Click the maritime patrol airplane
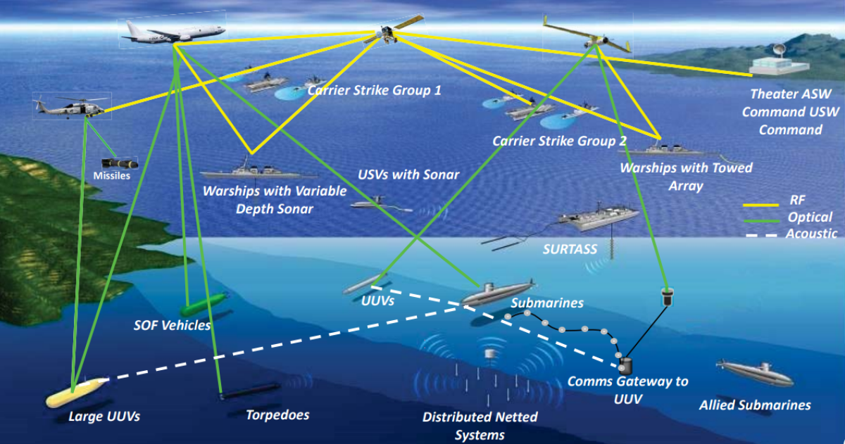tap(173, 32)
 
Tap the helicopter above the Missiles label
tap(71, 106)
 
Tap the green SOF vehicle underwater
tap(202, 305)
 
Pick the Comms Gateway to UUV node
tap(625, 364)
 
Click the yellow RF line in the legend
tap(760, 205)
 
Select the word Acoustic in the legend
tap(811, 234)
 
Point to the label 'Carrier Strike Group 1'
tap(374, 90)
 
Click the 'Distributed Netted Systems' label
tap(480, 425)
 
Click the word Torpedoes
tap(277, 414)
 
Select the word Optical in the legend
tap(810, 217)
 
